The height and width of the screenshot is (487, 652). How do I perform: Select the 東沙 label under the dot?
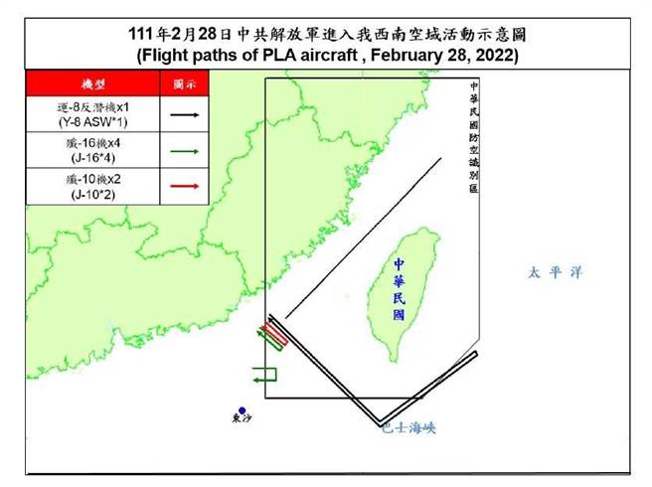click(x=241, y=420)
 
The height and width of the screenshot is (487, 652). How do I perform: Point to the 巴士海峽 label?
click(x=408, y=427)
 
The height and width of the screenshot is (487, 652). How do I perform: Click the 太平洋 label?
click(x=554, y=271)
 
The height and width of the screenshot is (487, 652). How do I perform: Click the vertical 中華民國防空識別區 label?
click(x=476, y=138)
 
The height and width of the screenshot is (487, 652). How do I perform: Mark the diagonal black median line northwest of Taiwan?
click(x=358, y=239)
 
